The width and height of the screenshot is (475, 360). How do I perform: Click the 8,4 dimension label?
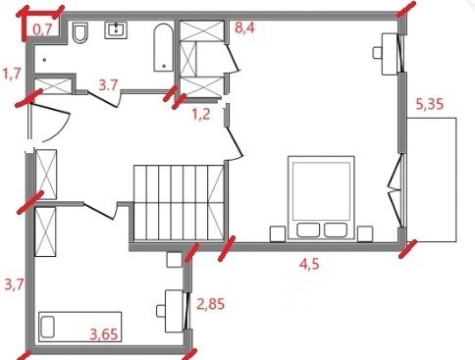click(x=244, y=27)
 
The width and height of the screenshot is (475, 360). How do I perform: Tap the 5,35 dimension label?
click(x=430, y=104)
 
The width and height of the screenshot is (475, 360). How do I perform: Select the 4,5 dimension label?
click(x=309, y=264)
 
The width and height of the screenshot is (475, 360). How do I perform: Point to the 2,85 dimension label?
click(x=211, y=304)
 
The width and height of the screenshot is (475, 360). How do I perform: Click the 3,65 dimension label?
click(x=104, y=334)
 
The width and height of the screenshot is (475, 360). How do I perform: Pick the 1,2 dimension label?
click(x=201, y=115)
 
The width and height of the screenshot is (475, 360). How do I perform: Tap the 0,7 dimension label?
click(x=42, y=29)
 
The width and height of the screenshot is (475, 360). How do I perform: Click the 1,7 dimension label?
click(x=12, y=74)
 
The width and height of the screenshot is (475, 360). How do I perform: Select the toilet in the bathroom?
click(x=80, y=32)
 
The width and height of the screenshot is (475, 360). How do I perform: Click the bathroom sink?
click(x=116, y=30)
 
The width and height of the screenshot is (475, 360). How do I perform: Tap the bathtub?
click(x=164, y=47)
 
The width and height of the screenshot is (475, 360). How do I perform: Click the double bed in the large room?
click(x=321, y=197)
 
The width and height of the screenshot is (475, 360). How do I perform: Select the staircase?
click(x=179, y=203)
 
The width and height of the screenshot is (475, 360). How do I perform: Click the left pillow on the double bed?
click(x=308, y=230)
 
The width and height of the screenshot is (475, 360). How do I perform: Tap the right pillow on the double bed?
click(x=336, y=230)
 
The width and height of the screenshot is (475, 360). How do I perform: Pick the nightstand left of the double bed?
click(x=278, y=233)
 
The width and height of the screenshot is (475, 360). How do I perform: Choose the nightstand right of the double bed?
click(x=365, y=233)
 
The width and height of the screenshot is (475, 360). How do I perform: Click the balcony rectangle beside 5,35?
click(x=432, y=180)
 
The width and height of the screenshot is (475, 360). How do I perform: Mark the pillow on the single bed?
click(x=48, y=327)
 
